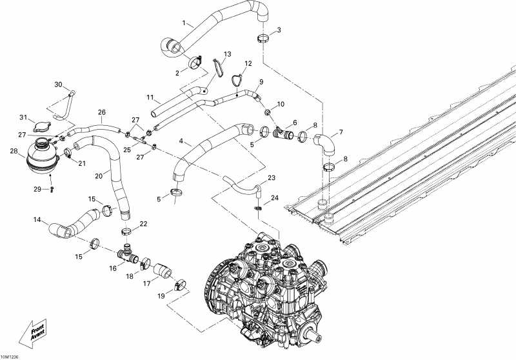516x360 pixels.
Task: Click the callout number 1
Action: [183, 23]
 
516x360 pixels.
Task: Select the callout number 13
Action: [227, 54]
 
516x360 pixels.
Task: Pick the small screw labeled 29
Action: [52, 189]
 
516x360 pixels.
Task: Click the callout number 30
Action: [57, 85]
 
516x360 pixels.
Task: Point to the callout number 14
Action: [37, 220]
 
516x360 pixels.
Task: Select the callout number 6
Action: [295, 122]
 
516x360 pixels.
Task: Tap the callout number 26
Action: [102, 112]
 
